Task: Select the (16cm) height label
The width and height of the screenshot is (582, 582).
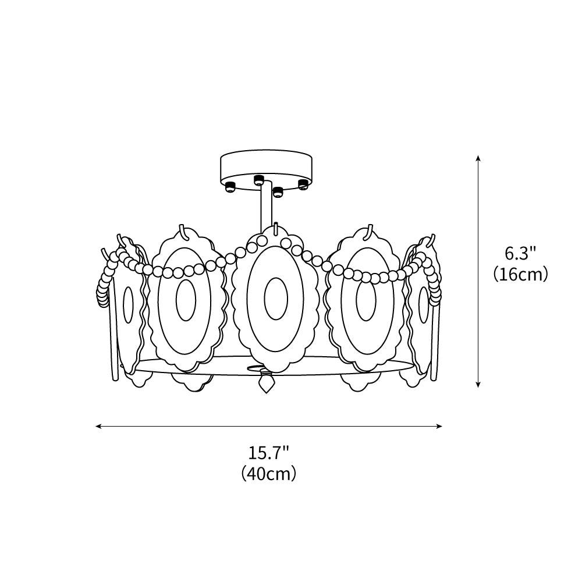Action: point(520,274)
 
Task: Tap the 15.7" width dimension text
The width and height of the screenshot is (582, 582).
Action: point(269,452)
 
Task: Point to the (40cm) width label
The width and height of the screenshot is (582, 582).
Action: point(269,474)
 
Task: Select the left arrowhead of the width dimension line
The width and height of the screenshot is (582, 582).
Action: point(99,426)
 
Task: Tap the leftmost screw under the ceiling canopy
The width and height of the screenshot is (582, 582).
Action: point(230,187)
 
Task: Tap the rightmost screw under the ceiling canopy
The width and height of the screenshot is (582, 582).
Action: point(303,184)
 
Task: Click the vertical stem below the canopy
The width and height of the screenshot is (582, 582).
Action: point(265,210)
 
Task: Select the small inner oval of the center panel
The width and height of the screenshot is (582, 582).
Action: point(275,298)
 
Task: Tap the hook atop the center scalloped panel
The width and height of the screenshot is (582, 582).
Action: point(276,228)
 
